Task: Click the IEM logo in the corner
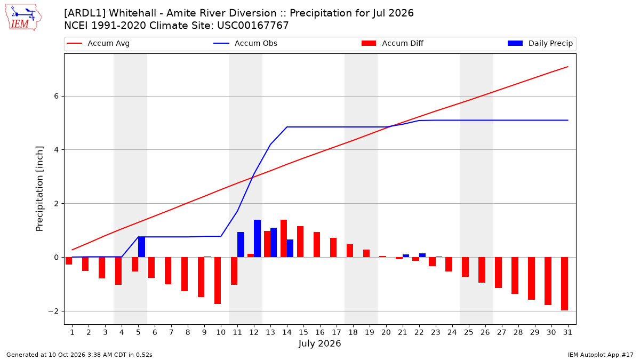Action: pos(23,18)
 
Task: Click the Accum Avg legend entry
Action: pos(98,43)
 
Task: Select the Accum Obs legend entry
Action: pos(245,43)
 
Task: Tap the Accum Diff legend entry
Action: pos(393,43)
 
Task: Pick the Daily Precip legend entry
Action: pos(540,43)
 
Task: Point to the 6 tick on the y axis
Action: pos(56,97)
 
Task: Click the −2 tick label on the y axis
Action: pos(53,311)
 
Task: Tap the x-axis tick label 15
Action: pos(303,332)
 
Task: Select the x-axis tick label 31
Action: pos(567,332)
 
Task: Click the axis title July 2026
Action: pos(319,343)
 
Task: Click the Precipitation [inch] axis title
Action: pos(39,189)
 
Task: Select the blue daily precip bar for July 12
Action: pos(257,238)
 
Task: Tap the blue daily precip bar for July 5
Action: pos(141,247)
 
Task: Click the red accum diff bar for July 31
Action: pos(564,284)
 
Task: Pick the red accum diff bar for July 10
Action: pos(218,281)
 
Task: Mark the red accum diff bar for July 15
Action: pos(300,242)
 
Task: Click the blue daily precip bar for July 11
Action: pos(241,245)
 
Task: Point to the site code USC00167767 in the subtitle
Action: pos(253,26)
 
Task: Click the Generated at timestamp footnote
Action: pos(79,355)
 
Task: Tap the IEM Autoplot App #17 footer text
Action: pos(601,355)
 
